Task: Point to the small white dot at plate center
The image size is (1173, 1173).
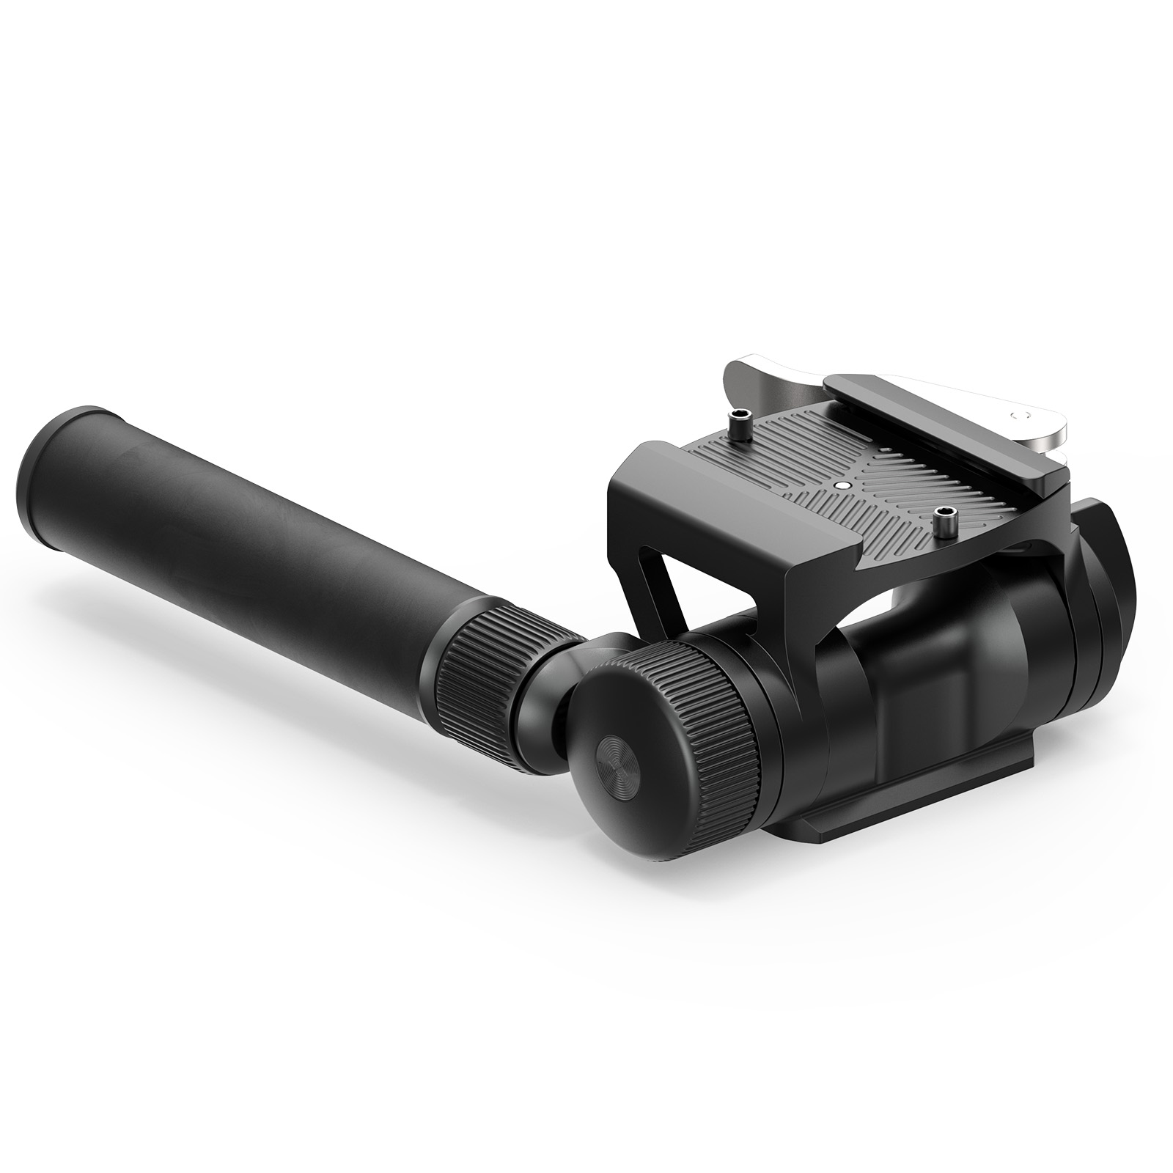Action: click(x=841, y=485)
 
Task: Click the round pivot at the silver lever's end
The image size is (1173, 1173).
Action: click(x=1016, y=416)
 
